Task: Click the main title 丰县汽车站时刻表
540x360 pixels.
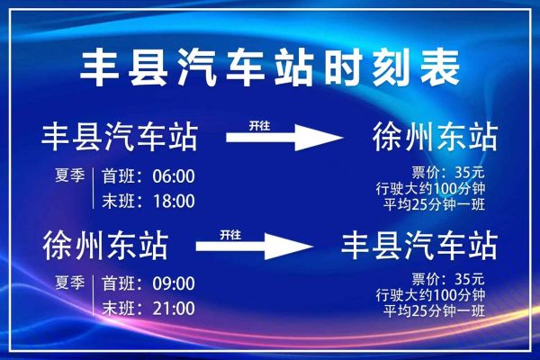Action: (270, 67)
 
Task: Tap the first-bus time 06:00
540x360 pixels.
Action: (174, 175)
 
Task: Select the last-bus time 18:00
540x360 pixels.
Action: (174, 199)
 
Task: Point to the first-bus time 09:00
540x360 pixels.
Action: (174, 283)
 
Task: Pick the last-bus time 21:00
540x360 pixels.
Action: (174, 308)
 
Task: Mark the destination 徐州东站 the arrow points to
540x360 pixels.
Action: (435, 138)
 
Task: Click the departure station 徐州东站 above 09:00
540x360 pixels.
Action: (104, 246)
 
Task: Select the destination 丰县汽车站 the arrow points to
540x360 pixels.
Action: (419, 246)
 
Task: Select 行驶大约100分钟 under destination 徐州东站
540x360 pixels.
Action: (431, 188)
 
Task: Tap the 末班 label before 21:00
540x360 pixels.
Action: (113, 308)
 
